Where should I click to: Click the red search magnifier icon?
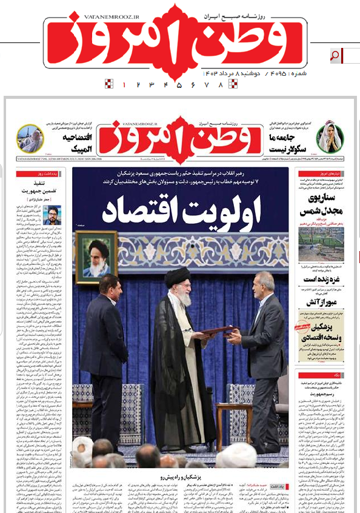click(334, 56)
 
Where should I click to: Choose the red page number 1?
click(124, 85)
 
